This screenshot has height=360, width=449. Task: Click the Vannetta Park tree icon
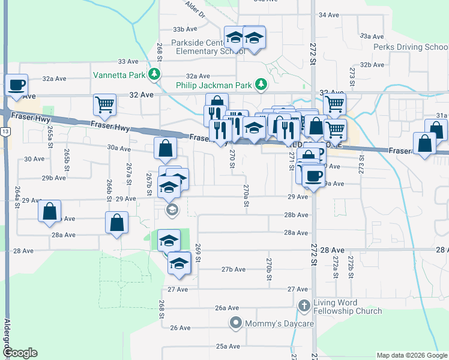tap(155, 74)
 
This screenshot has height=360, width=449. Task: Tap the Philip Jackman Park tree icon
tap(261, 85)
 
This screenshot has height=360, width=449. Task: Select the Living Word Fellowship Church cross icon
tap(304, 306)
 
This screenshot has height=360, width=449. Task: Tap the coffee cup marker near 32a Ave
tap(16, 85)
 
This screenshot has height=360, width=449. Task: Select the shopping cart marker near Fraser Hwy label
tap(104, 105)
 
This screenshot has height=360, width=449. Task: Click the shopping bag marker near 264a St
tap(49, 212)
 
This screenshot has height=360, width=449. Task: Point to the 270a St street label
tap(246, 196)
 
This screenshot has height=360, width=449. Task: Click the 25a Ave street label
tap(228, 346)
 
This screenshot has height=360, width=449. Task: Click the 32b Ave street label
tap(372, 65)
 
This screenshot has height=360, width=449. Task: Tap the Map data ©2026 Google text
tap(411, 355)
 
